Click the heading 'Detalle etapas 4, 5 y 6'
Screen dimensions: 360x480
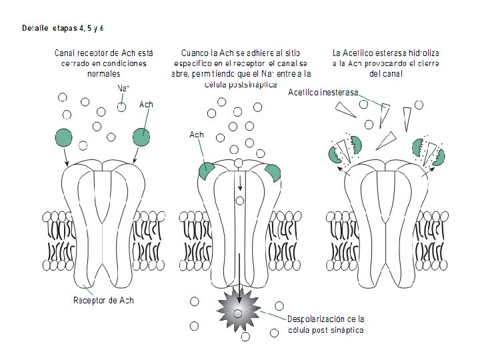coord(63,29)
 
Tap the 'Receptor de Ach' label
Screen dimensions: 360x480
coord(103,300)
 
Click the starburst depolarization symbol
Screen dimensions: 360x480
coord(239,308)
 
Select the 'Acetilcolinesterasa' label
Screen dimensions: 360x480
coord(323,92)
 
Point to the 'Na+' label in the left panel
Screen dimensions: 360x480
coord(123,88)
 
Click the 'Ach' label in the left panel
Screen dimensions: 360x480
coord(146,105)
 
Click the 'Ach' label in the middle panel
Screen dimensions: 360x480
coord(196,135)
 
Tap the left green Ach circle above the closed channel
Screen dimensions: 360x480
coord(64,137)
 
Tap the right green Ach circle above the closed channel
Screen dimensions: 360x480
coord(141,137)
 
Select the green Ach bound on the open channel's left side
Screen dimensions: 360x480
coord(206,171)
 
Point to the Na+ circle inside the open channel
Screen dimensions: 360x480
coord(240,200)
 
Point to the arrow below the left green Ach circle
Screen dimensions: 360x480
coord(65,157)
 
